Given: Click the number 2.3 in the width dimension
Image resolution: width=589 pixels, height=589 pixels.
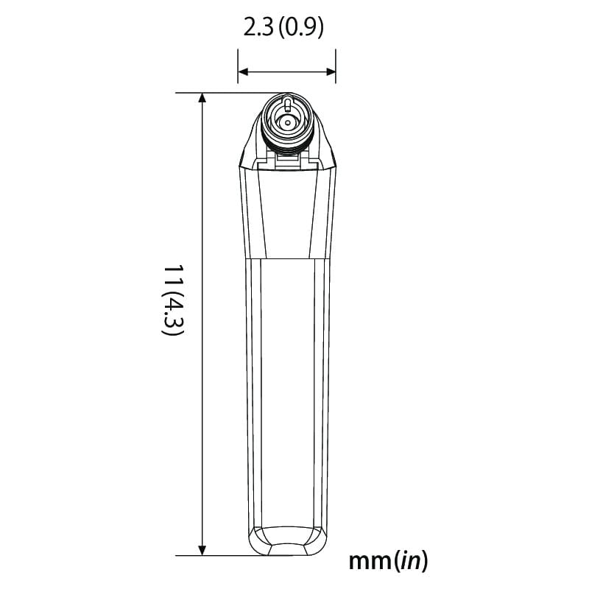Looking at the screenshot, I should click(x=258, y=28).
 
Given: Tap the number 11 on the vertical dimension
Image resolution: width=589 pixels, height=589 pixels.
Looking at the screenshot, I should click(x=172, y=278).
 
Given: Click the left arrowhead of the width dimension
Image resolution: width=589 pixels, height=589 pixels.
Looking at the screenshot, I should click(x=241, y=71).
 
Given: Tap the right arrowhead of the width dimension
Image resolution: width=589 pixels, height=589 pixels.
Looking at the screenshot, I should click(x=331, y=71).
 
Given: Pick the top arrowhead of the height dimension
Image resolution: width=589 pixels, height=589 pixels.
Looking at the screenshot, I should click(x=202, y=98).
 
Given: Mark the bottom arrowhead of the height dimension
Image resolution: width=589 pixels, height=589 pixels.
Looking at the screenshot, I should click(x=202, y=551).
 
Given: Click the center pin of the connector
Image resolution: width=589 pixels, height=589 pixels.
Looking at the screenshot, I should click(x=287, y=122).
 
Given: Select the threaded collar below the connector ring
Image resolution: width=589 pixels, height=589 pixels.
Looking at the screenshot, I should click(x=287, y=147).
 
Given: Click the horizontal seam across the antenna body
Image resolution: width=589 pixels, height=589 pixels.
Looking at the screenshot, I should click(x=287, y=259).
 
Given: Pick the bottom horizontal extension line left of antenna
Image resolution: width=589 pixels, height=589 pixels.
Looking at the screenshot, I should click(x=221, y=556).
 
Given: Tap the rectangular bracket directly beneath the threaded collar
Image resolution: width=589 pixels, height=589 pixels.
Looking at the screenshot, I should click(x=287, y=160).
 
